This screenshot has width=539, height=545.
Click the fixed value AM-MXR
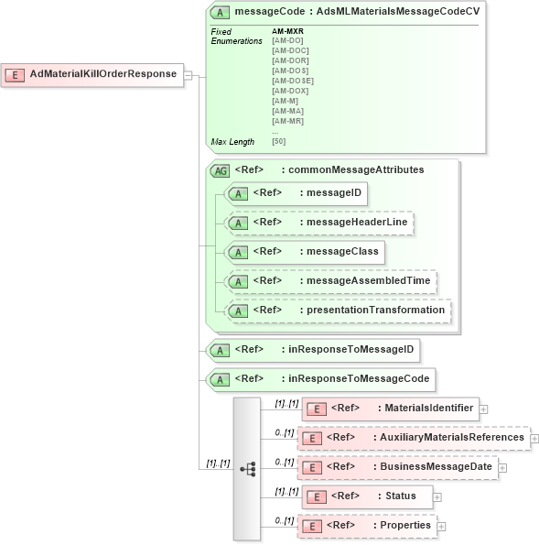tap(287, 32)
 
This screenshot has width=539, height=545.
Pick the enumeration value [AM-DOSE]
tap(292, 81)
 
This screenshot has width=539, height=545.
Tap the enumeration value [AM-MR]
tap(287, 121)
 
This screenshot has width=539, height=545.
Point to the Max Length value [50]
tap(278, 142)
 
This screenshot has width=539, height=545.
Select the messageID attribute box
tap(296, 193)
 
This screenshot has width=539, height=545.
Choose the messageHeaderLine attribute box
tap(319, 223)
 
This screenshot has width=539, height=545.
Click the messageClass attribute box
tap(305, 251)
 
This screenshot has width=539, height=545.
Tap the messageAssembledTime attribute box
tap(330, 280)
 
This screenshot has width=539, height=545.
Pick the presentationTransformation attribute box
tap(338, 310)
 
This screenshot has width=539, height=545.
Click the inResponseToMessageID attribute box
tap(314, 349)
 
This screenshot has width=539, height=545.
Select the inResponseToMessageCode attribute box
tap(321, 378)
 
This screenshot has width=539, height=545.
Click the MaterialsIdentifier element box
tap(390, 409)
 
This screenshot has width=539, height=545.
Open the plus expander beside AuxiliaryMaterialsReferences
tap(534, 438)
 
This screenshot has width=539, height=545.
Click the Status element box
tap(366, 496)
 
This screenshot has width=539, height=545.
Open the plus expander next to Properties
tap(441, 526)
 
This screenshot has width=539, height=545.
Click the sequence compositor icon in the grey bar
tap(247, 468)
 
